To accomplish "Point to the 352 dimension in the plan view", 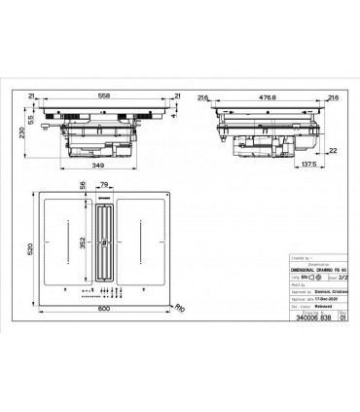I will pos(82,245).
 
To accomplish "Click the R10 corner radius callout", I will pos(177,310).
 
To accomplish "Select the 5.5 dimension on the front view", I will pos(32,117).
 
